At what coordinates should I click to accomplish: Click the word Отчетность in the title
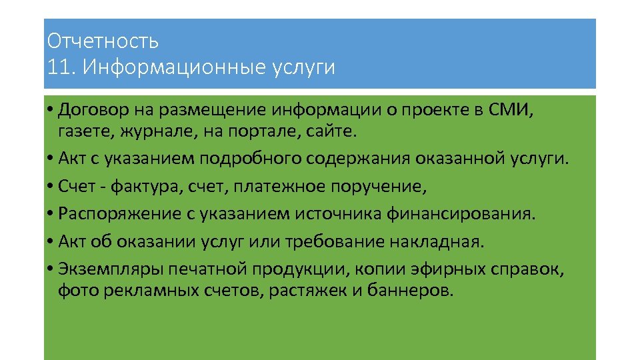pyautogui.click(x=103, y=41)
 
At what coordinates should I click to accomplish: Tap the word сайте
pyautogui.click(x=333, y=131)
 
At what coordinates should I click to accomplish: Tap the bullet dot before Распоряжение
pyautogui.click(x=52, y=214)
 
